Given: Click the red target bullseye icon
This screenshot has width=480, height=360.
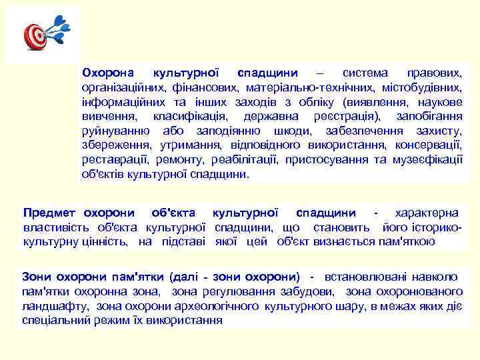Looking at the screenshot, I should click(x=35, y=36).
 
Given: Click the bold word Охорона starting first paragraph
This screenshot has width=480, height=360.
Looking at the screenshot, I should click(x=107, y=72).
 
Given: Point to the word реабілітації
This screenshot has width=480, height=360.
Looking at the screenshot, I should click(x=245, y=160).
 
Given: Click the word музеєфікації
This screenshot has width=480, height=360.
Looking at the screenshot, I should click(x=429, y=160).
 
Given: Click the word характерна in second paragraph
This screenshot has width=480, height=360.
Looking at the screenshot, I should click(x=427, y=213).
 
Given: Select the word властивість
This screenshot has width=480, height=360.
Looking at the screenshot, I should click(x=55, y=227).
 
